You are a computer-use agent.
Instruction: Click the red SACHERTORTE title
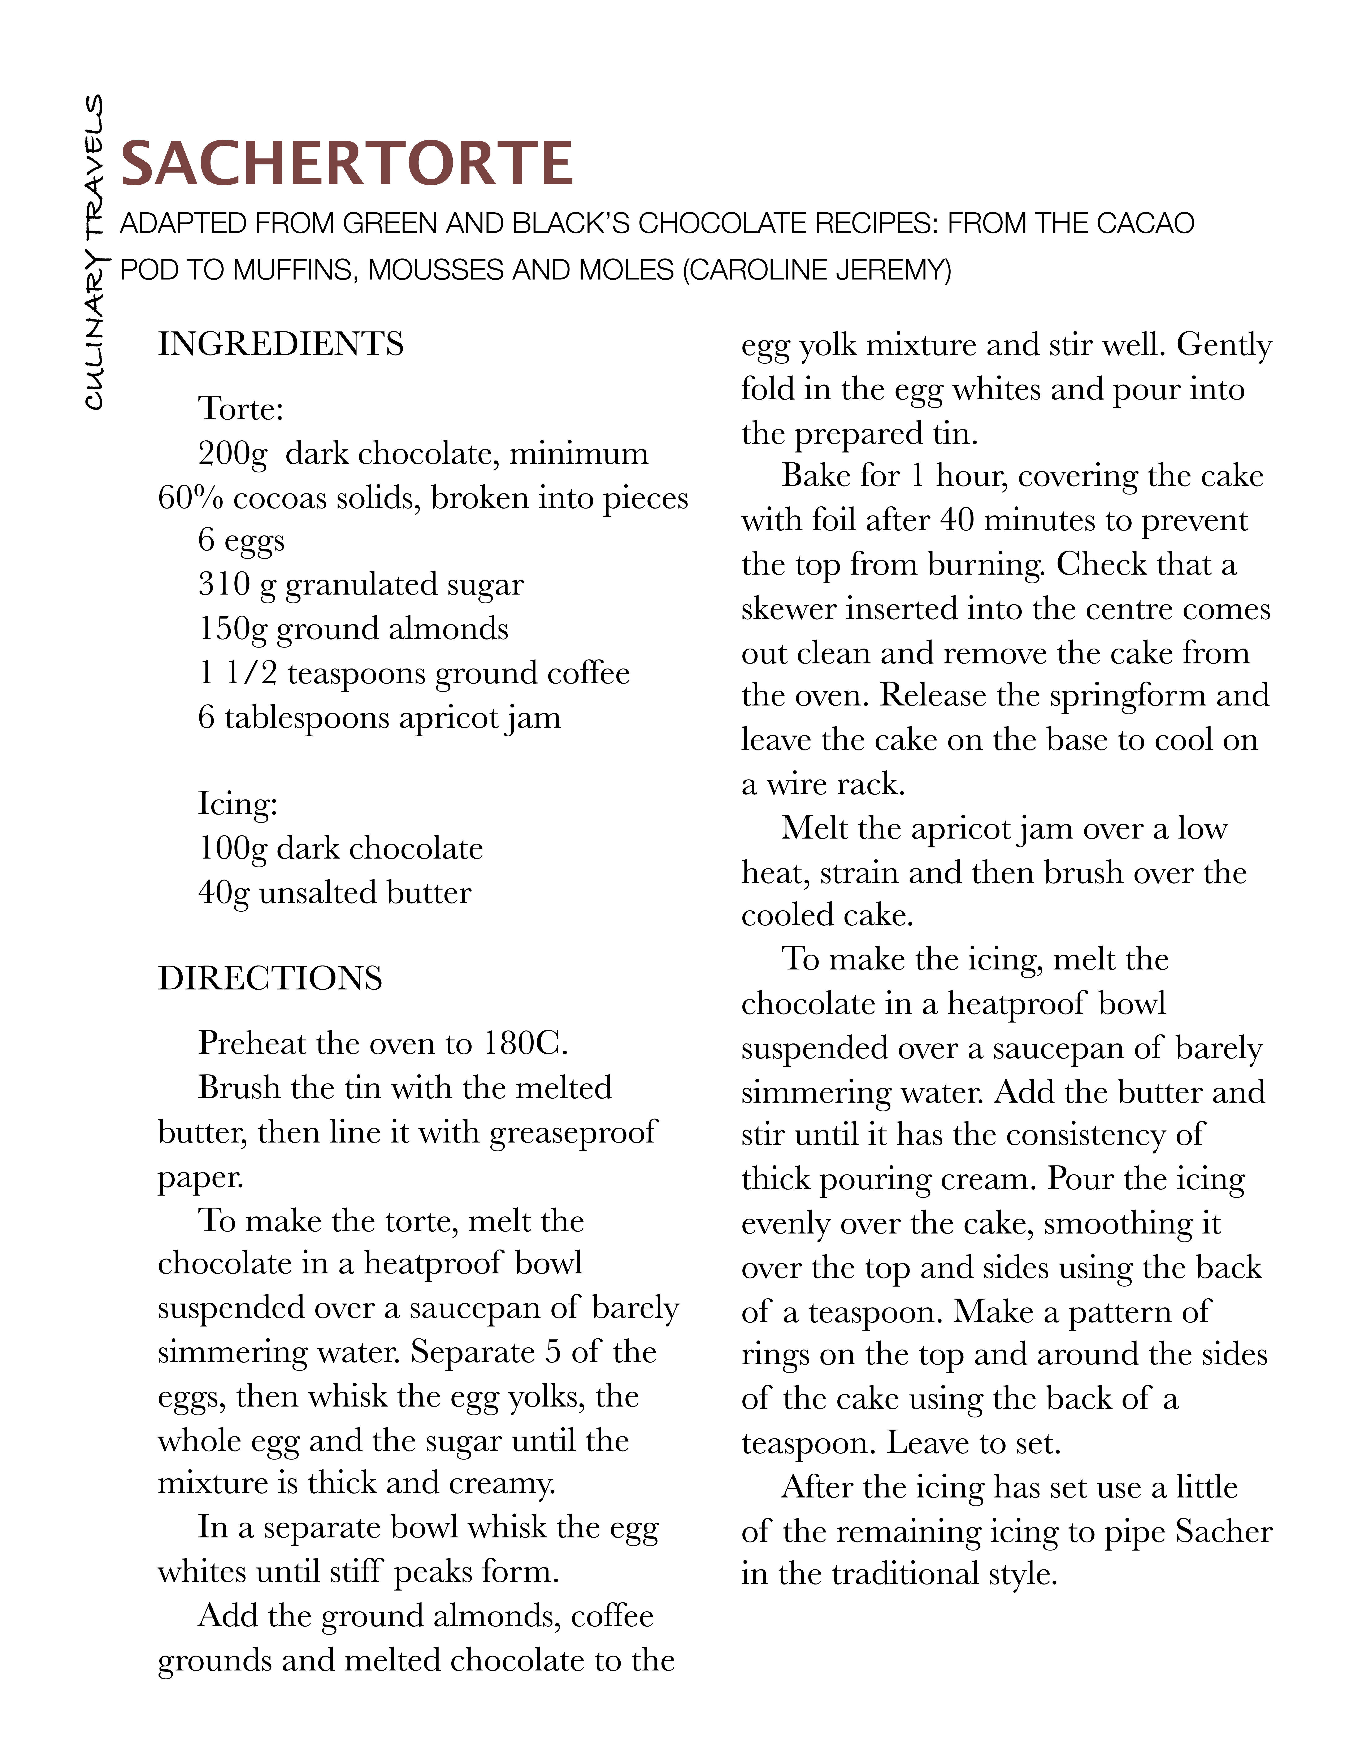[346, 163]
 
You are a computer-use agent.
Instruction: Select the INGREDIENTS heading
[281, 344]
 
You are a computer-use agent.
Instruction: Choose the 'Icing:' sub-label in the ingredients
[237, 804]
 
